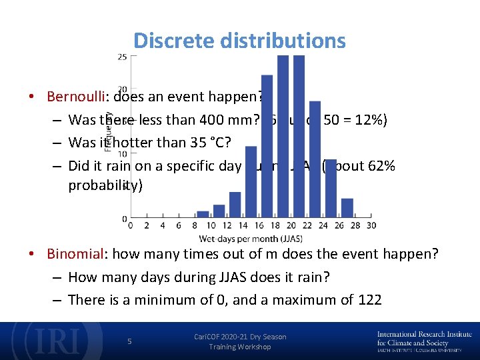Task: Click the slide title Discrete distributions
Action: pyautogui.click(x=239, y=41)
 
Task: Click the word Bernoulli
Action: pyautogui.click(x=76, y=96)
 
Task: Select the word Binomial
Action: pyautogui.click(x=73, y=254)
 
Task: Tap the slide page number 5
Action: pyautogui.click(x=130, y=341)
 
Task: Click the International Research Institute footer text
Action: pyautogui.click(x=424, y=335)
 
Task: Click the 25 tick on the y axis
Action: pyautogui.click(x=123, y=57)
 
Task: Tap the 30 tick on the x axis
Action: pyautogui.click(x=371, y=225)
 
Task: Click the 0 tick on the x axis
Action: pyautogui.click(x=129, y=225)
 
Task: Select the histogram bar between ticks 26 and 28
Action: pyautogui.click(x=347, y=208)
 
